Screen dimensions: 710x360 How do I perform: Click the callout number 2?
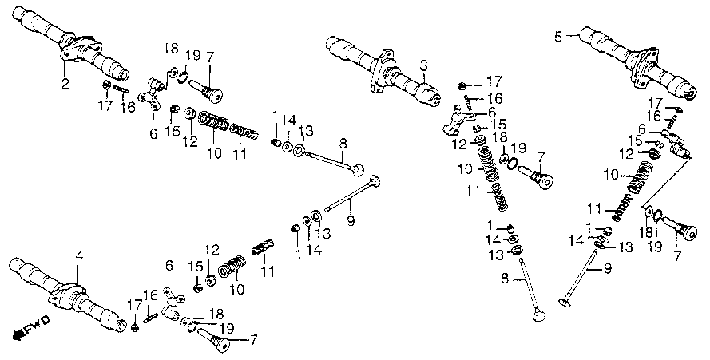[65, 85]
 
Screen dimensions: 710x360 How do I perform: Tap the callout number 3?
[423, 66]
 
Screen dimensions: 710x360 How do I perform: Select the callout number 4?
[79, 257]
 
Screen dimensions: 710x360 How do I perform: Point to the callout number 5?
[557, 36]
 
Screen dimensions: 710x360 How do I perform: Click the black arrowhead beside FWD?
[18, 334]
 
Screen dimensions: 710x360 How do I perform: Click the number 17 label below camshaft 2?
[105, 106]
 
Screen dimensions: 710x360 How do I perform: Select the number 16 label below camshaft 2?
[128, 107]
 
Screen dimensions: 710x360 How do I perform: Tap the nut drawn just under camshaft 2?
[107, 85]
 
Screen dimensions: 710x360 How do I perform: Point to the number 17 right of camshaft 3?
[494, 81]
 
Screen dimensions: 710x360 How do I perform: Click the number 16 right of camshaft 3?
[494, 98]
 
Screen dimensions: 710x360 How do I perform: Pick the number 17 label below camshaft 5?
[655, 103]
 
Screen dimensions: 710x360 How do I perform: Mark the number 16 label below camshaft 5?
[653, 117]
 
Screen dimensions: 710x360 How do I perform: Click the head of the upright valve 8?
[538, 315]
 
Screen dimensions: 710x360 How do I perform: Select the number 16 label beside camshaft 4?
[150, 295]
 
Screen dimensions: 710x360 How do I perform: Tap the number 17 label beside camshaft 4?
[134, 305]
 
